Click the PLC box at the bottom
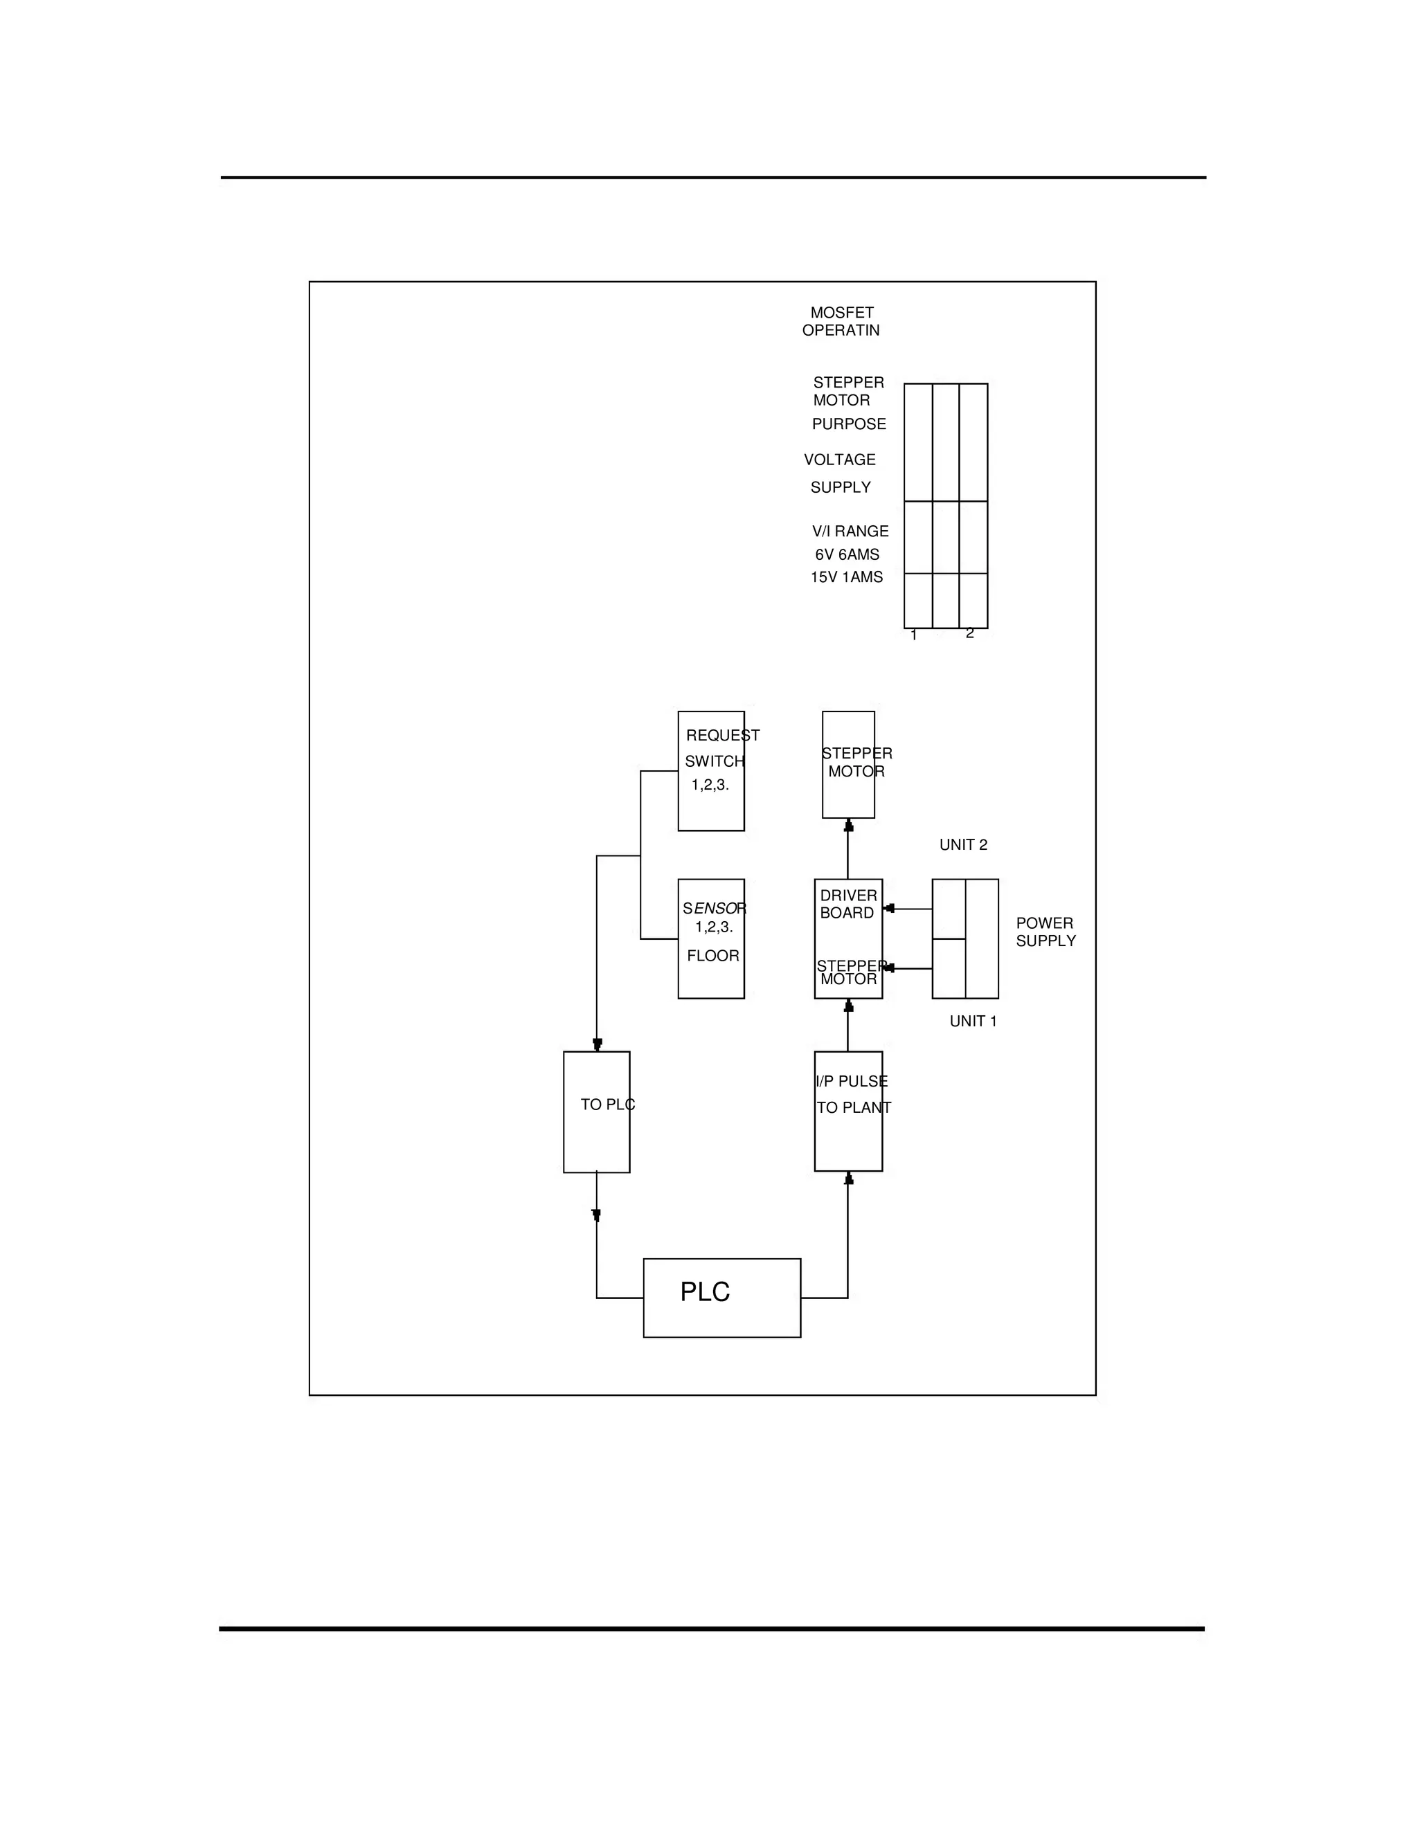721,1298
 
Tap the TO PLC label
607,1105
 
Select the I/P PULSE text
851,1082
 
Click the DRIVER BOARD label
847,905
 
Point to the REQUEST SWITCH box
710,771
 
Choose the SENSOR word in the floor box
714,909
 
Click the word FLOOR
712,956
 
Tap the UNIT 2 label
962,845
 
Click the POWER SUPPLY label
1045,932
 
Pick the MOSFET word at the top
842,312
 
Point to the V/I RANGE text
850,532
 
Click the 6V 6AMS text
847,555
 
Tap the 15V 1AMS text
846,578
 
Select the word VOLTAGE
839,460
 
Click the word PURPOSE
848,424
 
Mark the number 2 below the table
969,633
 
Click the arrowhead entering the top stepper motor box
848,826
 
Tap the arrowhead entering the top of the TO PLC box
598,1044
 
